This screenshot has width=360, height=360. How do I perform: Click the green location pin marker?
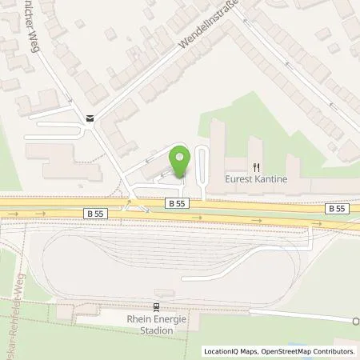click(x=180, y=159)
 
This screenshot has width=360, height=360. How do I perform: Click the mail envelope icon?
click(x=90, y=118)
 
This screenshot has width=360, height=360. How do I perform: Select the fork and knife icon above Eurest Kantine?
click(x=257, y=168)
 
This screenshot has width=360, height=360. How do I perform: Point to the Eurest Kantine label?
click(x=256, y=179)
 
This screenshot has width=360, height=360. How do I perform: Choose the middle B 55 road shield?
click(x=178, y=203)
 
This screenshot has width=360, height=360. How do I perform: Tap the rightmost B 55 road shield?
click(x=337, y=208)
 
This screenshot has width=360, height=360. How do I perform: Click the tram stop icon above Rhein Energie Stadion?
click(x=157, y=306)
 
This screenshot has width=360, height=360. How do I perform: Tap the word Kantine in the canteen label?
click(x=271, y=179)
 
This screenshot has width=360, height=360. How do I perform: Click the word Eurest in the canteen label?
click(x=238, y=179)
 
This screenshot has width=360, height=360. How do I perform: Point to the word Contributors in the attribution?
click(x=333, y=351)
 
